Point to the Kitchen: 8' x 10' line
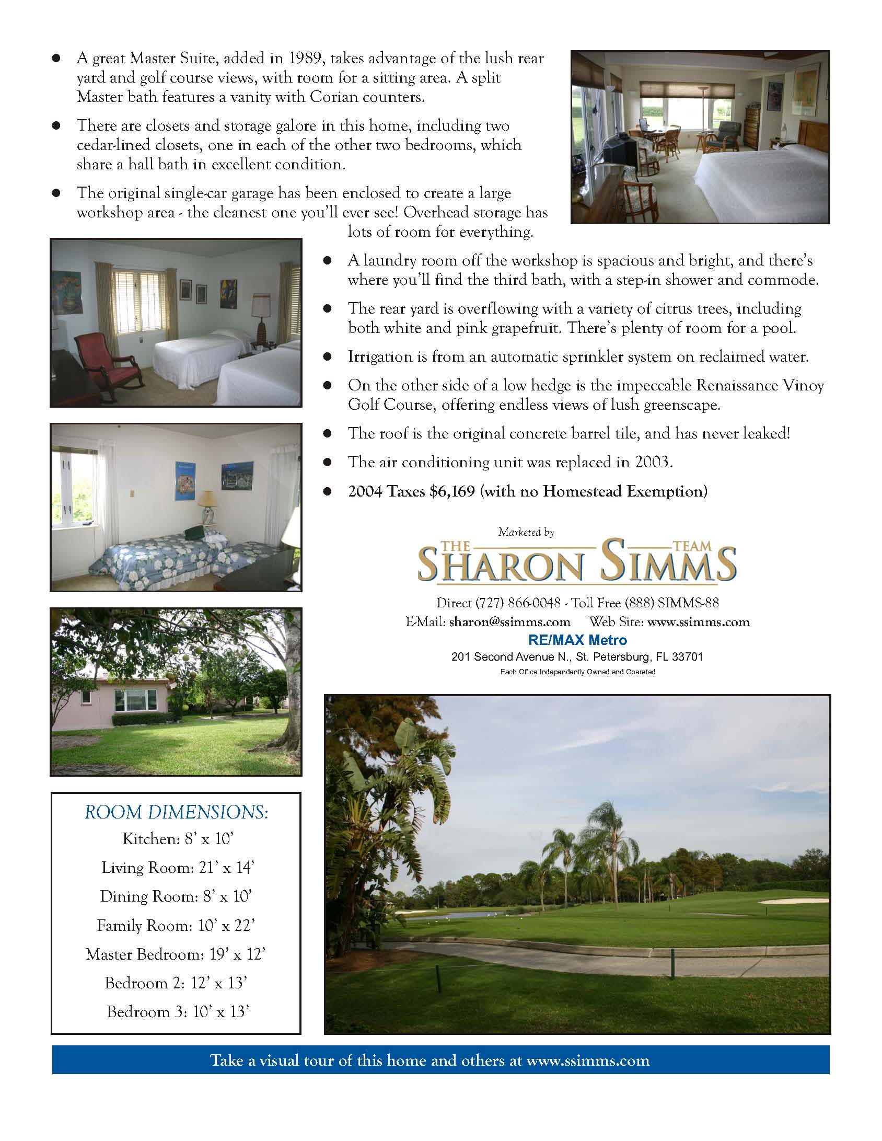[x=177, y=838]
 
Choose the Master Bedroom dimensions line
[x=176, y=954]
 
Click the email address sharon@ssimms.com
[x=509, y=622]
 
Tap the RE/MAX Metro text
[x=577, y=640]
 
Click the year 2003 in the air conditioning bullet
[x=652, y=463]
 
